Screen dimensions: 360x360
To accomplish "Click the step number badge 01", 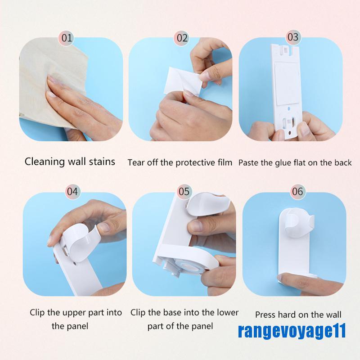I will [67, 38].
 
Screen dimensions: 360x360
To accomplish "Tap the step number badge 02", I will [182, 38].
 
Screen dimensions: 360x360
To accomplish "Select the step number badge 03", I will [292, 37].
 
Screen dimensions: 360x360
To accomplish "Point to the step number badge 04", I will [72, 191].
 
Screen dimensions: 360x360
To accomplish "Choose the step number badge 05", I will [184, 191].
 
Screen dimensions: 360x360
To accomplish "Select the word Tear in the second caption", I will [136, 162].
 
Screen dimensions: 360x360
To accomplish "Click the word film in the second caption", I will [224, 162].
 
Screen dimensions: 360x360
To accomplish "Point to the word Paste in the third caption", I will [248, 162].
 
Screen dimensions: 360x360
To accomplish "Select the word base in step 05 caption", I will [180, 312].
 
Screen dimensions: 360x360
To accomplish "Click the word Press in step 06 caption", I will [265, 315].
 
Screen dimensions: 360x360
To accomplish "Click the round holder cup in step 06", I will [297, 219].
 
